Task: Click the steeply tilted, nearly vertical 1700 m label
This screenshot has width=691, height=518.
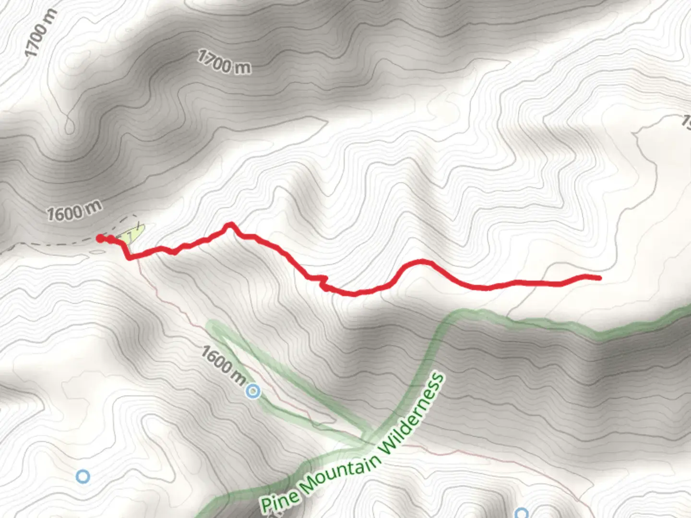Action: (41, 33)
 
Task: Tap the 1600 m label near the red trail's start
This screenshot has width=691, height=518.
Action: (74, 211)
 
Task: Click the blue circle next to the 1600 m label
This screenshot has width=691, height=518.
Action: (253, 392)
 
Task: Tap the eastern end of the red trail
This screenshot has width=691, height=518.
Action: (598, 278)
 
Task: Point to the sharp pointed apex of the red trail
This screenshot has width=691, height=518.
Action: (230, 224)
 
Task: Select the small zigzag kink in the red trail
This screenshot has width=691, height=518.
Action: (322, 282)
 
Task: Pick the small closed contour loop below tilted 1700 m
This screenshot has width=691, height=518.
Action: (70, 126)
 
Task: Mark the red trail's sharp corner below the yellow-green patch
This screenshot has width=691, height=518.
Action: (130, 258)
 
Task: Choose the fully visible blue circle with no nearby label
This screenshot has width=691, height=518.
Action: (83, 476)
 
